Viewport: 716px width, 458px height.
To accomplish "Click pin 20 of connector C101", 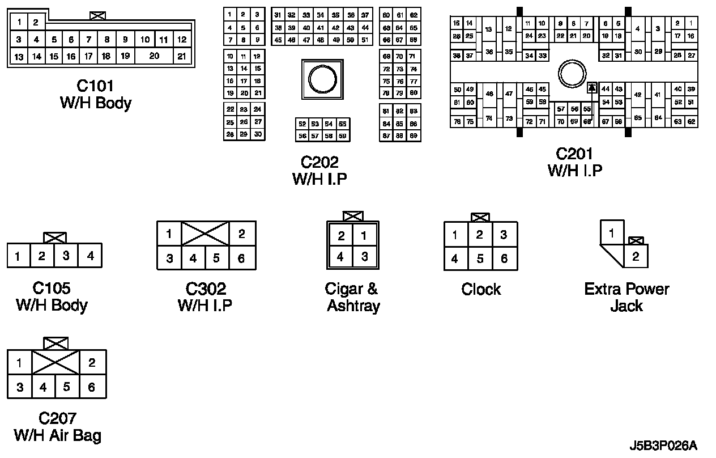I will click(x=154, y=56).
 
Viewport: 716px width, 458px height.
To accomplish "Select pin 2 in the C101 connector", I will click(x=35, y=23).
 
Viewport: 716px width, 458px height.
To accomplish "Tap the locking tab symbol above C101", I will click(x=97, y=16).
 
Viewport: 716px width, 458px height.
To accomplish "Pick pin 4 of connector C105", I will click(x=90, y=256).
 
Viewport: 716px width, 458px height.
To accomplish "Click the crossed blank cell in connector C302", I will click(x=205, y=234).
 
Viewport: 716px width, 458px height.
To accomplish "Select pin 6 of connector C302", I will click(x=241, y=258).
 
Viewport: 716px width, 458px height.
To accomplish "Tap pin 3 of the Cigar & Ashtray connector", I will click(x=365, y=256).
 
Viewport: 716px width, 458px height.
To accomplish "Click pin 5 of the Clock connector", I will click(x=480, y=259).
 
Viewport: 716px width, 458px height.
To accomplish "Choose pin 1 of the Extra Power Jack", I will click(x=612, y=233).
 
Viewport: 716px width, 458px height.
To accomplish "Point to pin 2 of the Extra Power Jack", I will click(x=636, y=257).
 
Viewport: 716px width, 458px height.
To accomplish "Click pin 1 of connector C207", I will click(x=19, y=363).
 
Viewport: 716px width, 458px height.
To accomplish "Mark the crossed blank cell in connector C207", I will click(x=56, y=362).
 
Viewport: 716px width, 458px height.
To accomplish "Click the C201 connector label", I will click(x=574, y=154).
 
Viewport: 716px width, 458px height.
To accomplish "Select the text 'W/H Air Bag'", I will click(x=57, y=435).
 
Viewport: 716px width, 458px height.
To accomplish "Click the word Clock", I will click(x=481, y=290).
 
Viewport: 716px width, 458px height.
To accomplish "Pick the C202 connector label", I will click(x=319, y=163).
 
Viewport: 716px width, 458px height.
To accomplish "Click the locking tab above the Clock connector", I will click(x=480, y=218).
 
